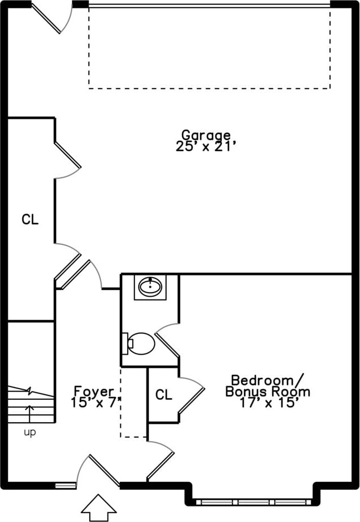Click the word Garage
206,136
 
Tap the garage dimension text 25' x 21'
206,146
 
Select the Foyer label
94,391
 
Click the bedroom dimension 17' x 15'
267,403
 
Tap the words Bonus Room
267,392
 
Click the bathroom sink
150,287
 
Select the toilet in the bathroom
139,344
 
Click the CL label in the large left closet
30,220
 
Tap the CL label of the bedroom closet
164,395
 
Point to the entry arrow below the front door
99,507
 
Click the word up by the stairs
30,432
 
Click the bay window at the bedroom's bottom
254,502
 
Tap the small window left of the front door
65,486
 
